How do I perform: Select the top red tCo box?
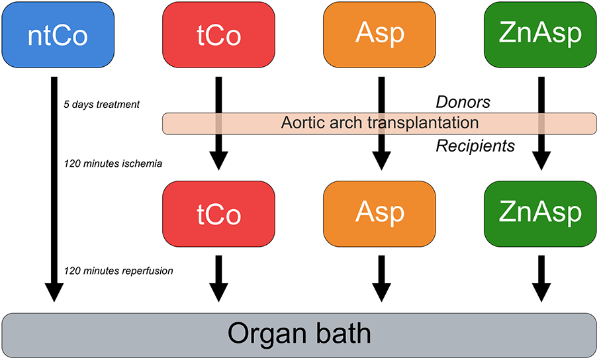coord(218,35)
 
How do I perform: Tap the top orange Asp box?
coord(379,35)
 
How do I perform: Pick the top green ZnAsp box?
coord(541,35)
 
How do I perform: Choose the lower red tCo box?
coord(218,212)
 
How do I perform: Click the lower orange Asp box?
coord(379,212)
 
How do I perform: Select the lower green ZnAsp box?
coord(541,212)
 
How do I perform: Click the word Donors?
coord(462,103)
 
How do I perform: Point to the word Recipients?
coord(475,146)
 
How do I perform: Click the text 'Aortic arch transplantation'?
coord(379,122)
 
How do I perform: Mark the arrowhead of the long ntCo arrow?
coord(54,292)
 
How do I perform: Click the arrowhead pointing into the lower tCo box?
coord(218,159)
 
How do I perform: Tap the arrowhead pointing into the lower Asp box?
coord(379,159)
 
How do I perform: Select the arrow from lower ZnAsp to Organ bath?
coord(541,277)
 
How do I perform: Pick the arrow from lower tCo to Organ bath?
coord(218,277)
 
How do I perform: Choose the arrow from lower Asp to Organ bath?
coord(379,277)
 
